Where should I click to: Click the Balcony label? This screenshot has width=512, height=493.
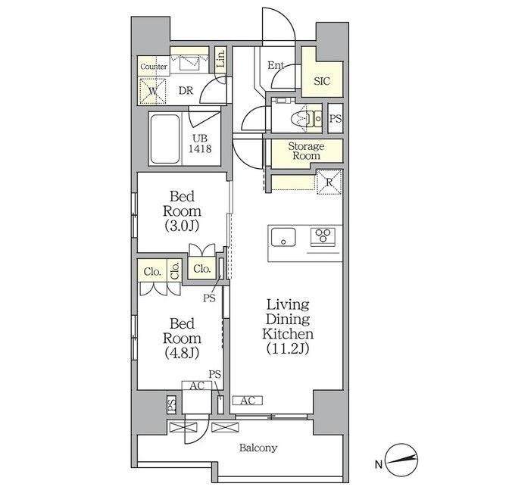point(258,448)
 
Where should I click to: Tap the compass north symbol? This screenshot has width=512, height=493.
point(401,460)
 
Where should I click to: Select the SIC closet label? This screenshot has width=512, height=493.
point(322,81)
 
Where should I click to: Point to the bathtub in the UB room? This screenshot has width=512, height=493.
point(165,139)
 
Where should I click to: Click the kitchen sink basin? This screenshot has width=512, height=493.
point(283,237)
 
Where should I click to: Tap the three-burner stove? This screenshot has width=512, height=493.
point(323,236)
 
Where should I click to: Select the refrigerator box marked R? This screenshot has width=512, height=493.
point(329,182)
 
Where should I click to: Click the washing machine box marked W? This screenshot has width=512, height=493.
point(152,92)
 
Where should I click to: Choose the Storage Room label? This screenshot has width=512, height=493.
point(306,151)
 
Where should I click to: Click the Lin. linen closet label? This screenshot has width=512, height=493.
point(221,59)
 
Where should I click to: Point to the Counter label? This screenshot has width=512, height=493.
point(154,67)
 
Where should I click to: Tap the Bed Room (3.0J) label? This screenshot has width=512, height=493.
point(182,211)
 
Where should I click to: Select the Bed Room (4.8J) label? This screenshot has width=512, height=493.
point(182,339)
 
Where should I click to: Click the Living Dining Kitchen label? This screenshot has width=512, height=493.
point(288,326)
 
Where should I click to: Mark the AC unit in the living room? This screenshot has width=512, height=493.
point(248,401)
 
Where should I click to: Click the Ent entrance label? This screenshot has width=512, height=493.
point(276,65)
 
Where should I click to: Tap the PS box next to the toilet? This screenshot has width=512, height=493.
point(336,118)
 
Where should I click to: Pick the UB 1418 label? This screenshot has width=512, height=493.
point(200,144)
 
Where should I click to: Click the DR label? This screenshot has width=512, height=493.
point(186,90)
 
